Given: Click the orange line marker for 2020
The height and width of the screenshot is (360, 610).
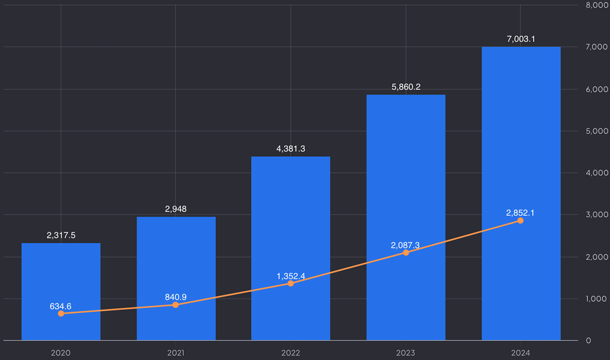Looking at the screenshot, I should click(x=61, y=314).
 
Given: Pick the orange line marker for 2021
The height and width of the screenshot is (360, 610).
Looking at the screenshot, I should click(x=175, y=305).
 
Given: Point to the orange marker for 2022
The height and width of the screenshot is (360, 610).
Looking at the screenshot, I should click(x=290, y=283).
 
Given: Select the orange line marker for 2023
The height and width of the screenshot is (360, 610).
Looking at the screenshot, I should click(x=406, y=253).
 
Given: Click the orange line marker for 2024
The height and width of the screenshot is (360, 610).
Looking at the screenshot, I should click(x=520, y=220).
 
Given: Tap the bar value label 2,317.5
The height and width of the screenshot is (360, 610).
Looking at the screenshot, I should click(x=61, y=235).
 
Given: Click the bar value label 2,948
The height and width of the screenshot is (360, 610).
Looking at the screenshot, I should click(x=176, y=209).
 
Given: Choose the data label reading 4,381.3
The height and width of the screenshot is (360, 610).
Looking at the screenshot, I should click(x=290, y=149).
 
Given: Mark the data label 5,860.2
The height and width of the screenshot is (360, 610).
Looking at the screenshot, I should click(x=406, y=86).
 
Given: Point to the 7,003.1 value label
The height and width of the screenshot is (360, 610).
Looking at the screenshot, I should click(x=520, y=39).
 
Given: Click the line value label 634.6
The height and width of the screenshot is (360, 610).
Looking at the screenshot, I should click(x=60, y=306).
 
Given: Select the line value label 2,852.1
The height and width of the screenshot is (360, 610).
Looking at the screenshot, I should click(x=520, y=213).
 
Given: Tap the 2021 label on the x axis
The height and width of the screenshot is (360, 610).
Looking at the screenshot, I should click(x=176, y=352).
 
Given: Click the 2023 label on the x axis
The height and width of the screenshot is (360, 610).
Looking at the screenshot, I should click(x=406, y=352).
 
